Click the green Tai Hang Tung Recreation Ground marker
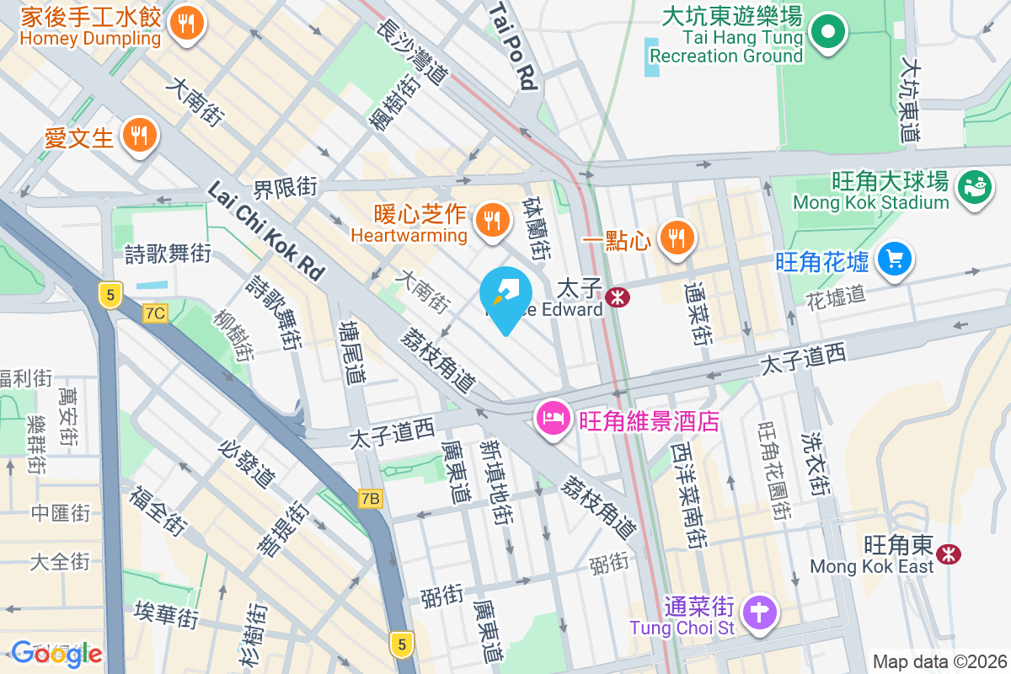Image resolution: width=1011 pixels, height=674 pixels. (x=828, y=32)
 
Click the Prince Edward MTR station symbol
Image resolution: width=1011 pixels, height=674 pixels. (x=617, y=296)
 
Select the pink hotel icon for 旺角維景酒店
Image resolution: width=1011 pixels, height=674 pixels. (x=553, y=419)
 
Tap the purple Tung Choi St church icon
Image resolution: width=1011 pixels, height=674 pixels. (x=760, y=611)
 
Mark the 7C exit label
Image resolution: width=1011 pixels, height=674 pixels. (x=156, y=313)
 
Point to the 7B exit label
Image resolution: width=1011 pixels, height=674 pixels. (x=370, y=499)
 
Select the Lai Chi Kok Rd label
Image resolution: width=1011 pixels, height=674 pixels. (x=265, y=230)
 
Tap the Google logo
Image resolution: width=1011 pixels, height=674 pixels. (x=56, y=654)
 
